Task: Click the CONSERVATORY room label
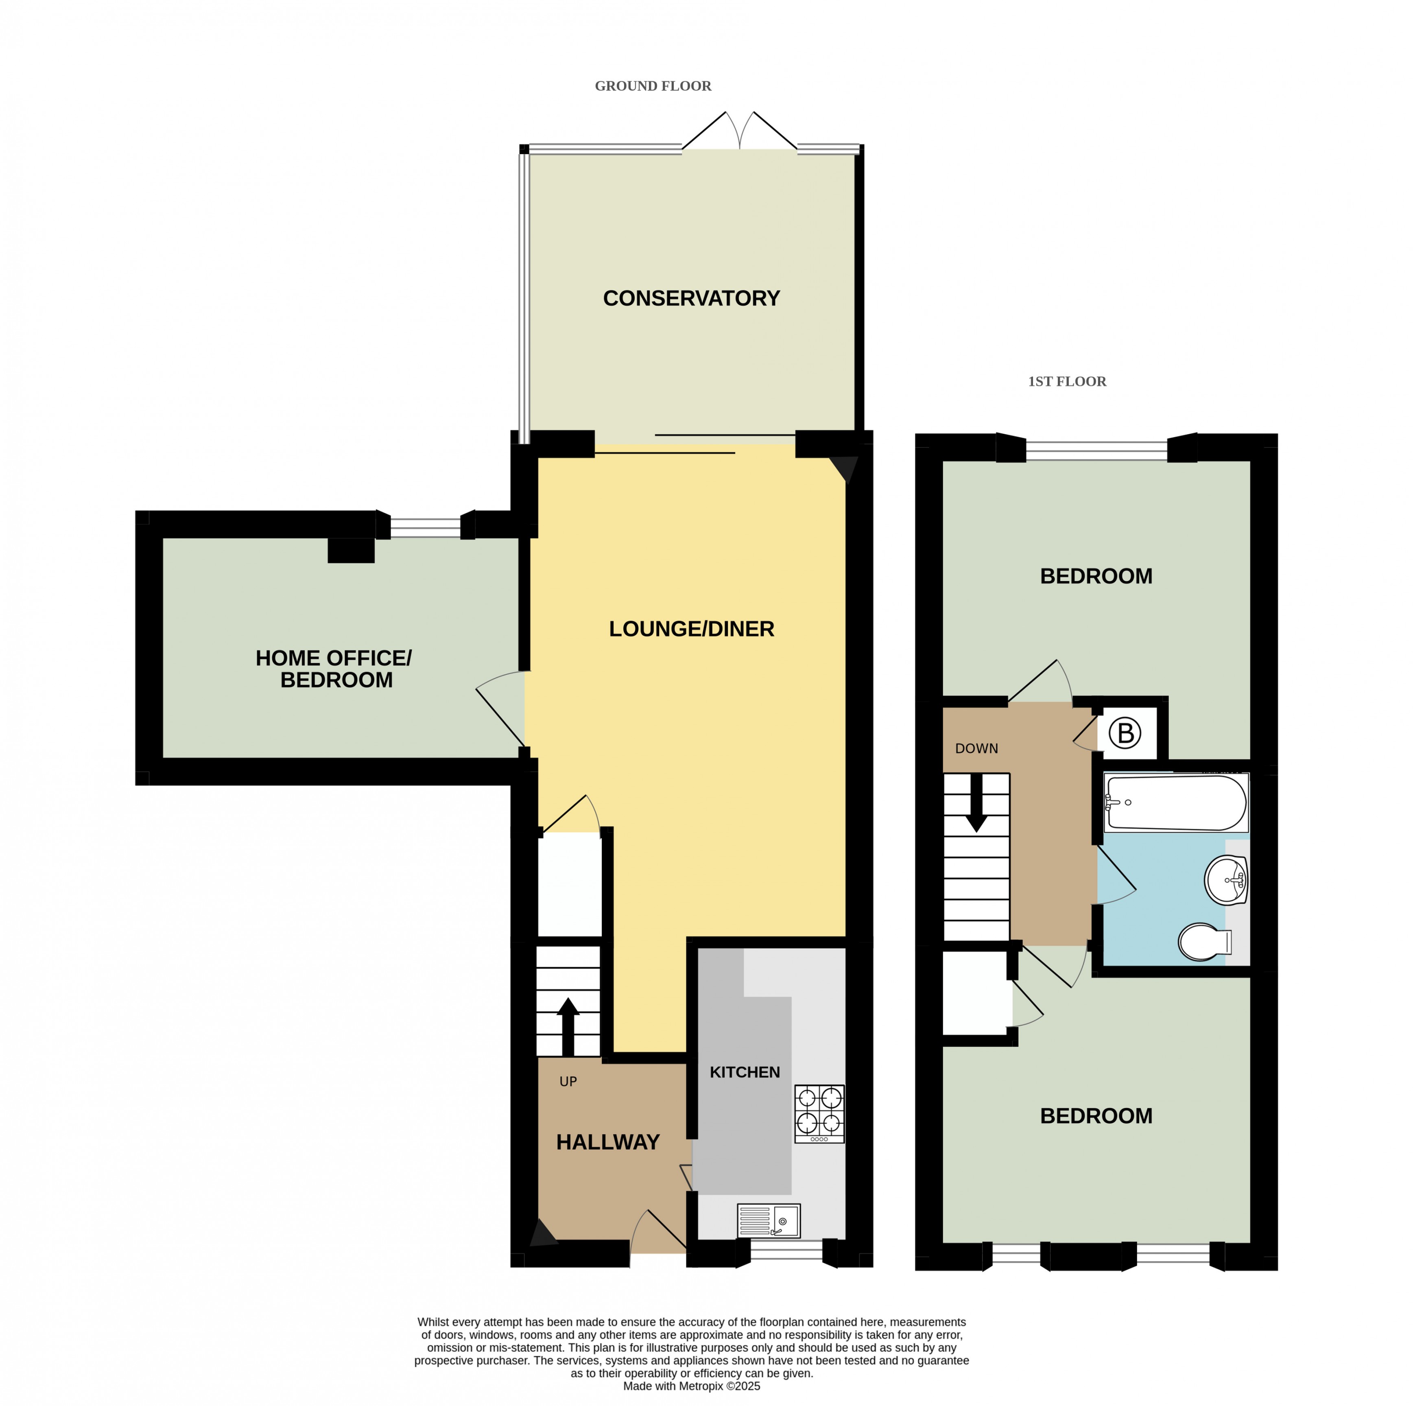click(691, 298)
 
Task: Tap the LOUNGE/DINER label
click(691, 629)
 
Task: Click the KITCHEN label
click(745, 1072)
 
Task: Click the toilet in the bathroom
click(1205, 942)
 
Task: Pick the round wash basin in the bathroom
click(1227, 880)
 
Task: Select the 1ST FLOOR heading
click(1067, 381)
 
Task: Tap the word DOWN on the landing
click(976, 748)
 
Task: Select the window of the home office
click(426, 527)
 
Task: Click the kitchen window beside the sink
click(787, 1253)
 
